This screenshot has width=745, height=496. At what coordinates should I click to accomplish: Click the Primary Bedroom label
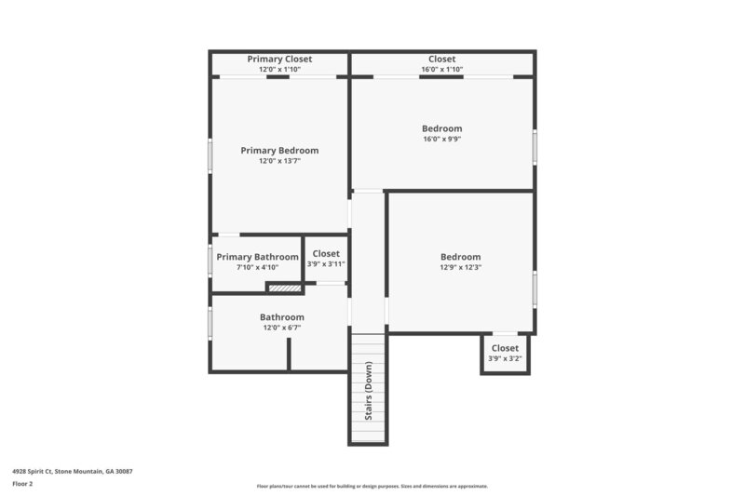click(279, 150)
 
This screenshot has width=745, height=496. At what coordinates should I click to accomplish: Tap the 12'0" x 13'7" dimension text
click(279, 161)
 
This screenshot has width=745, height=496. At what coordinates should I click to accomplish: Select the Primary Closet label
click(279, 59)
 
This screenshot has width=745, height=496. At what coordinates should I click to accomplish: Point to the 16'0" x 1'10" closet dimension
click(441, 70)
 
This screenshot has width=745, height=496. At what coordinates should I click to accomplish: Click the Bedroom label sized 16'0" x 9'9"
click(441, 128)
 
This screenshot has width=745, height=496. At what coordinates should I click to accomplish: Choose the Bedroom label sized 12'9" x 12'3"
click(460, 257)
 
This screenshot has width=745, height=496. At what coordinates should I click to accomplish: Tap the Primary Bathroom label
click(257, 257)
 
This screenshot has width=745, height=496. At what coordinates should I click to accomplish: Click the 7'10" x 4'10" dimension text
click(257, 268)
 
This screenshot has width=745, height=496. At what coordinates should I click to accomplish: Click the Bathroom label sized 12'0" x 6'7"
click(281, 316)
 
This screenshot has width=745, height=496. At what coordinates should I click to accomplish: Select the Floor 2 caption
click(23, 484)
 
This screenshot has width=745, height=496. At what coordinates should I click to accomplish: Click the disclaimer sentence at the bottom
click(372, 486)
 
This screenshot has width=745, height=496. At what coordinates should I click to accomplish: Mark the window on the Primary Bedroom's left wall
click(210, 155)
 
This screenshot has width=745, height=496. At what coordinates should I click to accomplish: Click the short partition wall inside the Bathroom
click(290, 354)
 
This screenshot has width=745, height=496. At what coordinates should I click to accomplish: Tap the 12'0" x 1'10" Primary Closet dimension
click(279, 70)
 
